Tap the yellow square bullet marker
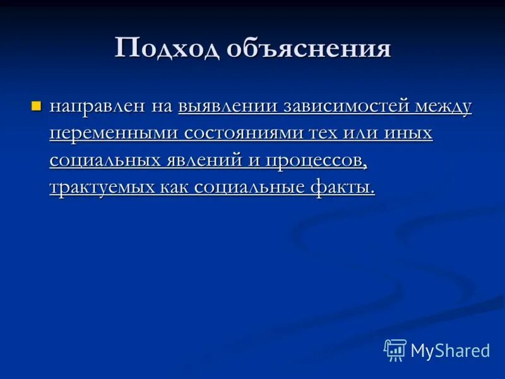coord(36,105)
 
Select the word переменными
coord(114,133)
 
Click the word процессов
coord(316,160)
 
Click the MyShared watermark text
coord(450,351)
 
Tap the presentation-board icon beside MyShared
coord(395,350)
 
